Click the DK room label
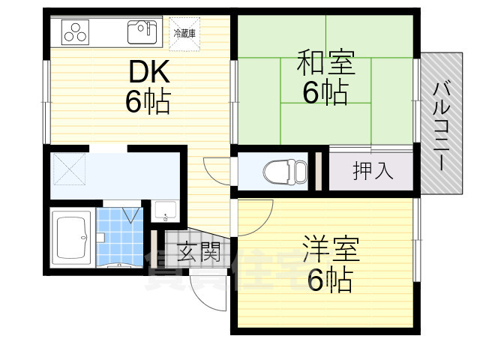click(150, 71)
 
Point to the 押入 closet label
click(373, 170)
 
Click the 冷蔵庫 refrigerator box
click(184, 33)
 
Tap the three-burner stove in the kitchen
click(76, 31)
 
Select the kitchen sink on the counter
click(142, 31)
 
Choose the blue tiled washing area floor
click(119, 237)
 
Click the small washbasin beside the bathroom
click(164, 211)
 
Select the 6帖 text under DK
click(148, 101)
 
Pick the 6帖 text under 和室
click(325, 92)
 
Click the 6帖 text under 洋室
click(330, 280)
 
